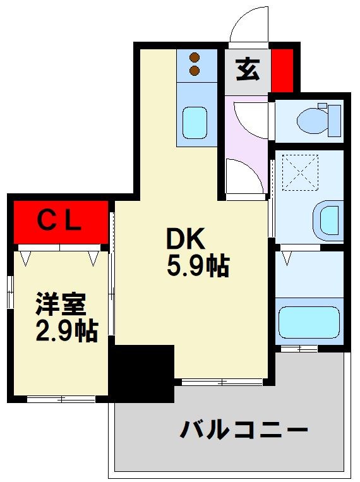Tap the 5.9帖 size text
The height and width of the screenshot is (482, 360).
coord(197,267)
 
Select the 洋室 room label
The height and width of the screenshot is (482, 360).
coord(61,304)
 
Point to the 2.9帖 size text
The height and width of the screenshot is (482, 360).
coord(66,330)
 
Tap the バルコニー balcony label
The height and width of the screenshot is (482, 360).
coord(244,431)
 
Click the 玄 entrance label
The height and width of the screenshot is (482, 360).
coord(247,69)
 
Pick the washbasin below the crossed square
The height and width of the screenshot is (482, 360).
coord(328,219)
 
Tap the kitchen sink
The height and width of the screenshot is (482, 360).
coord(195,122)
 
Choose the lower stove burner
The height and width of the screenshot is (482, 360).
coord(195,70)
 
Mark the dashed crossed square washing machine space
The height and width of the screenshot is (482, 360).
coord(301,171)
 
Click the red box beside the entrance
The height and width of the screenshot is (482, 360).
coord(282,69)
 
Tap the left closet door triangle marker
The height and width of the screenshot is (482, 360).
coord(25,258)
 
